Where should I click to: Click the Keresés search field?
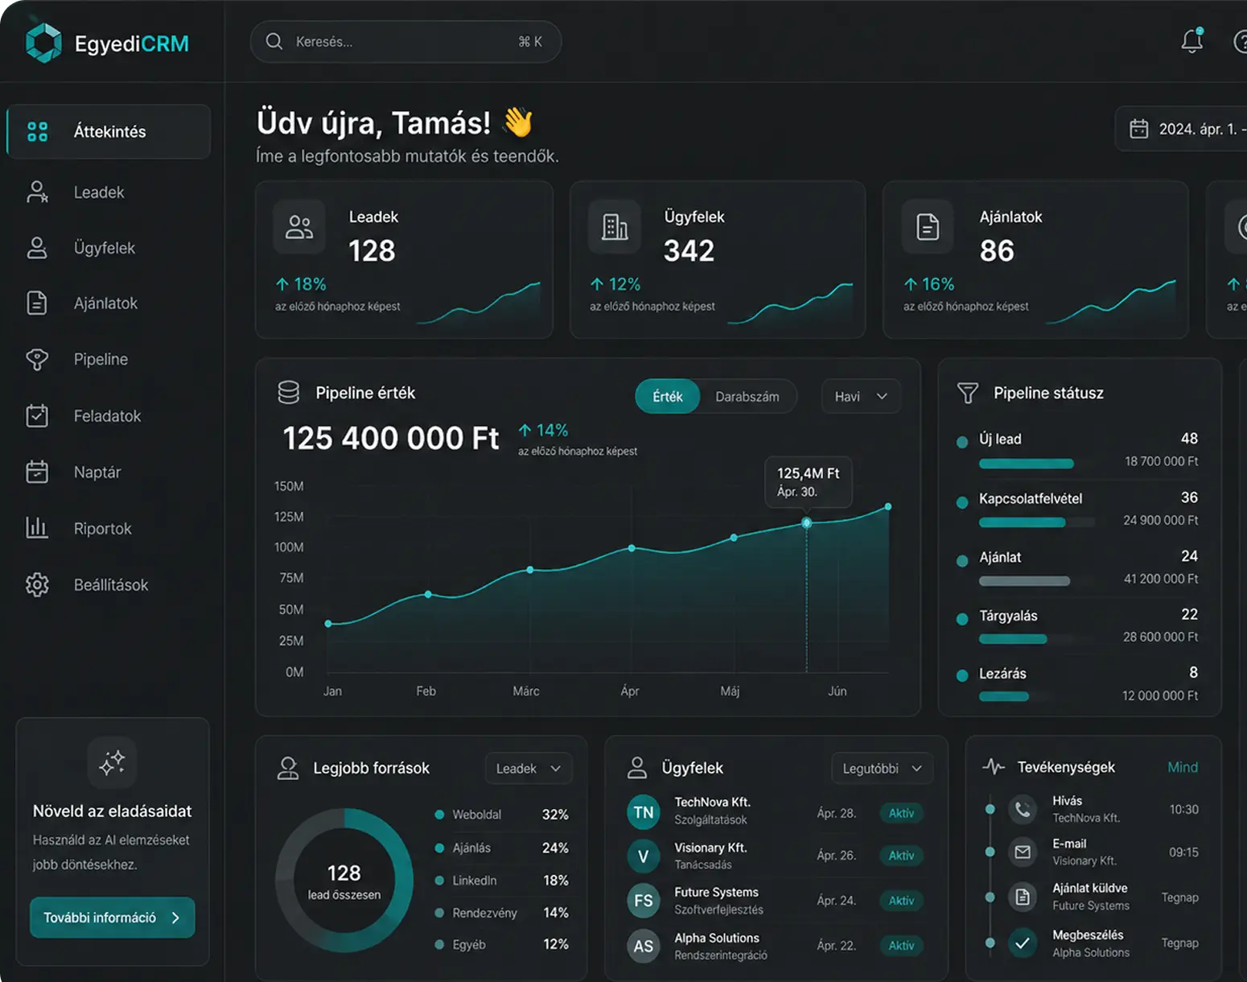pyautogui.click(x=405, y=42)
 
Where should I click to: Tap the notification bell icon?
pyautogui.click(x=1192, y=40)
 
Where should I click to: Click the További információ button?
pyautogui.click(x=113, y=917)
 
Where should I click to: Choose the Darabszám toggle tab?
pyautogui.click(x=747, y=397)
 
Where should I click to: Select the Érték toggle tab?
pyautogui.click(x=668, y=397)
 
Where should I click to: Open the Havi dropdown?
pyautogui.click(x=861, y=397)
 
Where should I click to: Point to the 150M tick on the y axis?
pyautogui.click(x=289, y=486)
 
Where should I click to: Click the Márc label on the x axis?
pyautogui.click(x=525, y=691)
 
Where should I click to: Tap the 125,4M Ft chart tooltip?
pyautogui.click(x=809, y=481)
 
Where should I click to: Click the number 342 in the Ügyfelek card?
pyautogui.click(x=689, y=250)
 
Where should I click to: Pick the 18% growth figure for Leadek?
pyautogui.click(x=302, y=284)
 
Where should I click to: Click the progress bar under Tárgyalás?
pyautogui.click(x=1013, y=639)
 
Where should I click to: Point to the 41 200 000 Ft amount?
pyautogui.click(x=1161, y=579)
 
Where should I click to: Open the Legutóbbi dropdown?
pyautogui.click(x=882, y=768)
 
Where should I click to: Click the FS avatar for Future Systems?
pyautogui.click(x=643, y=900)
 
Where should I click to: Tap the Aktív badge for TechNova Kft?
pyautogui.click(x=901, y=813)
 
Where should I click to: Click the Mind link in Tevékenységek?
pyautogui.click(x=1182, y=767)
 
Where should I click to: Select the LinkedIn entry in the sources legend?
pyautogui.click(x=474, y=880)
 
